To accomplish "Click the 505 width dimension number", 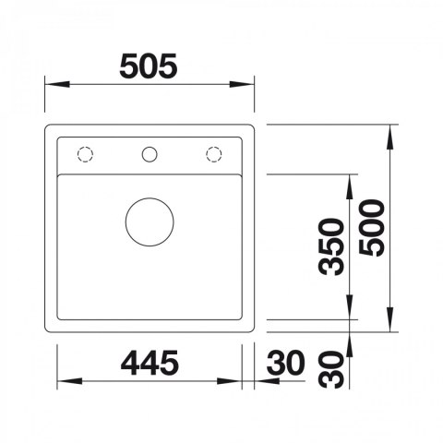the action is (149, 66).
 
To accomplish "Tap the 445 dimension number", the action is (150, 363).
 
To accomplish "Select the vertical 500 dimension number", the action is (372, 228).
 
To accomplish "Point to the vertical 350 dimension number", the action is (331, 246).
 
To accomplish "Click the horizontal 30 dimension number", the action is (286, 363).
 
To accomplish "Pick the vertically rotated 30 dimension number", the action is (331, 370).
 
